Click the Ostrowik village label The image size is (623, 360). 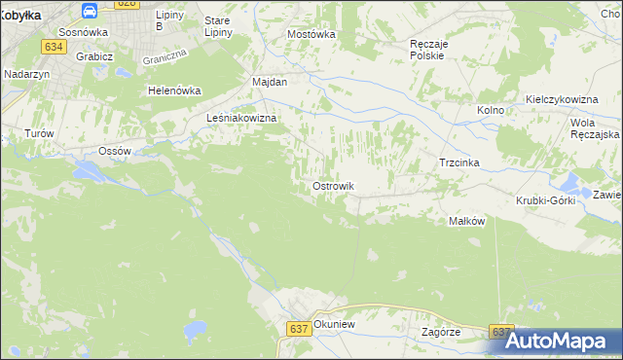pos(333,186)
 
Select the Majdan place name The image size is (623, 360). pos(270,82)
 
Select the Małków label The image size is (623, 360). pos(466,221)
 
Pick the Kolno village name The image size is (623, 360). pos(491,111)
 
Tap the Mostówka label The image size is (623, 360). pos(311,34)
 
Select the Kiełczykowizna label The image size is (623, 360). pos(560,99)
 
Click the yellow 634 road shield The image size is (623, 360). pos(54,46)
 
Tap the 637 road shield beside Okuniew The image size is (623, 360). pos(299,329)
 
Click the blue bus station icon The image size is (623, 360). pos(90,11)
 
